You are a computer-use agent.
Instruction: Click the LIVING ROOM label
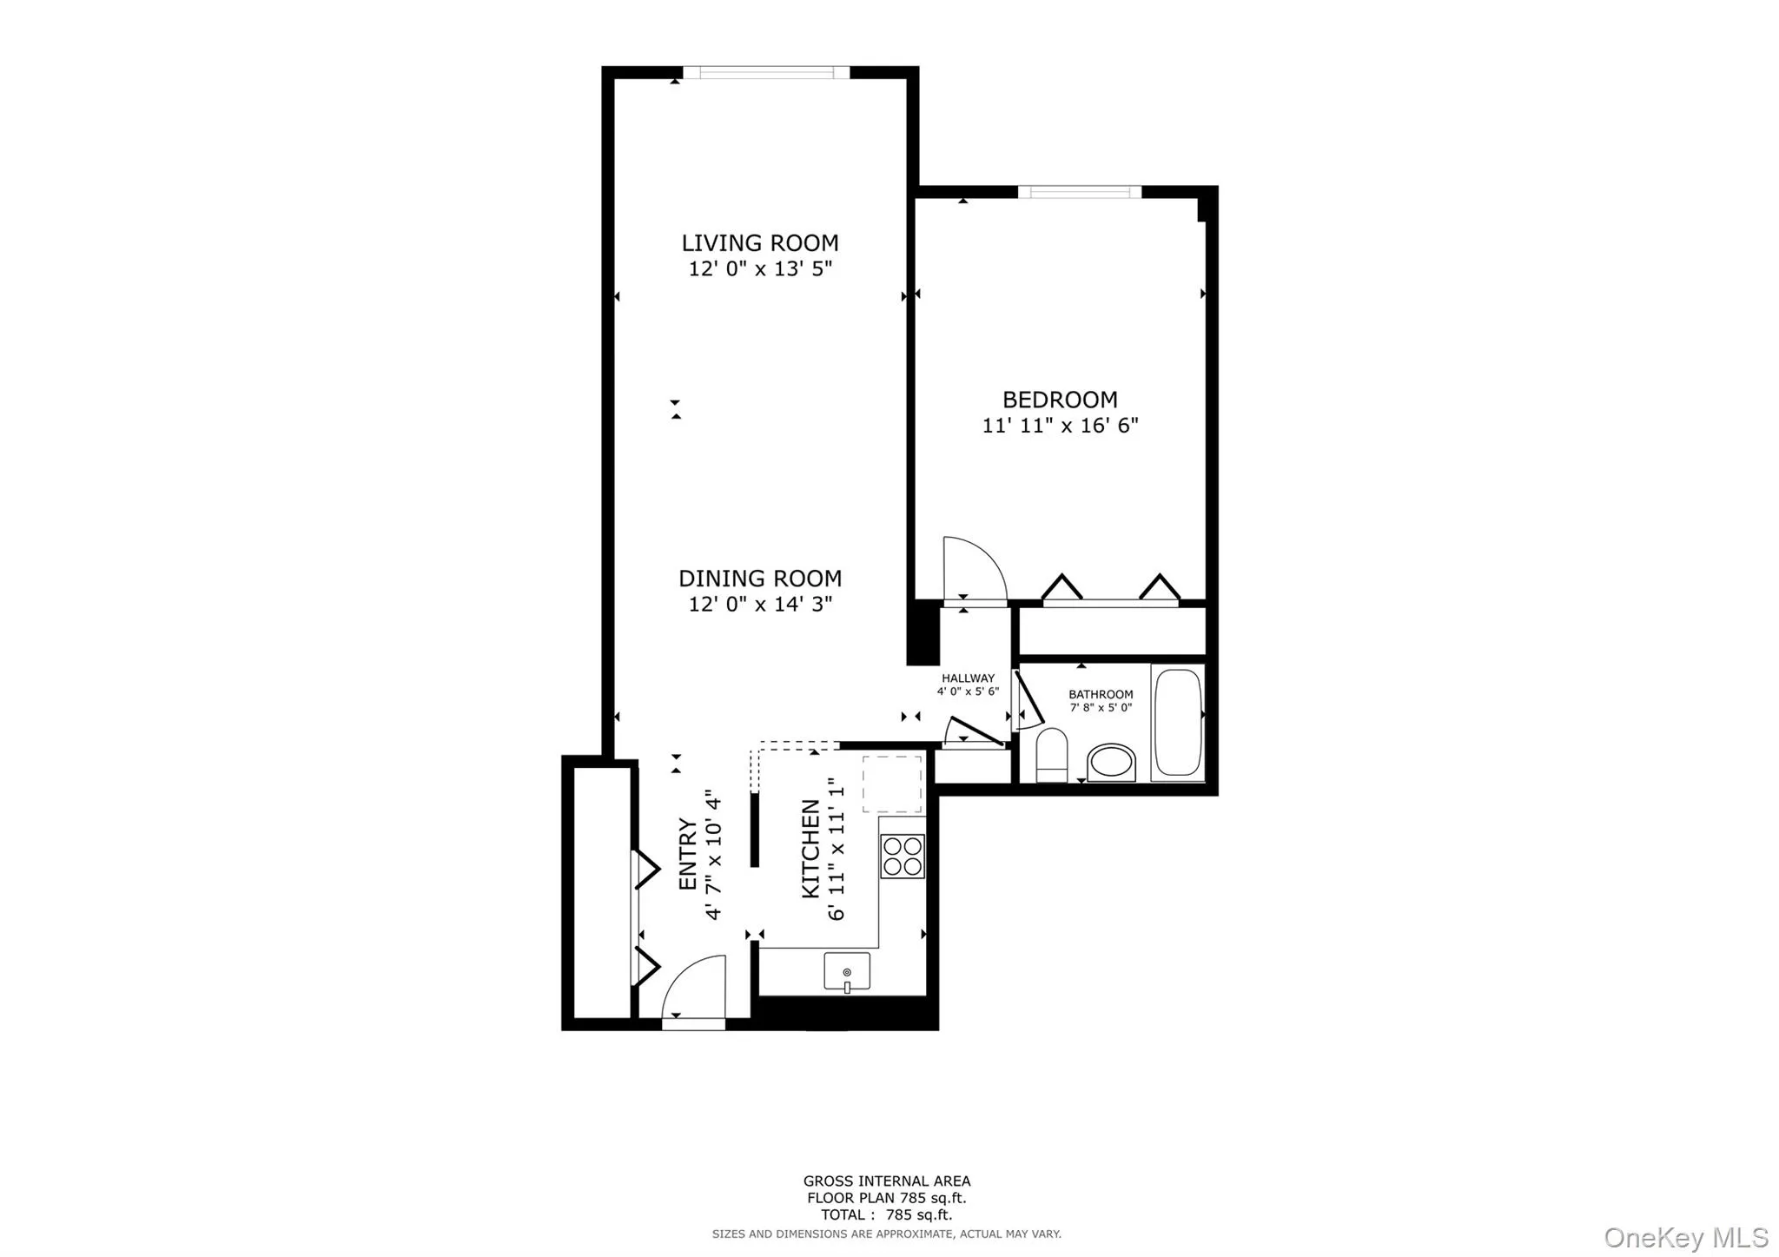click(x=759, y=242)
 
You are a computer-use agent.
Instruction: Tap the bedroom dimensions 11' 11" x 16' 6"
click(x=1060, y=426)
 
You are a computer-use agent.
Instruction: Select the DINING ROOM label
click(x=759, y=578)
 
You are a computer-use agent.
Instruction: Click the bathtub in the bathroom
click(x=1178, y=722)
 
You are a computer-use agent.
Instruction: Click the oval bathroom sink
click(x=1111, y=763)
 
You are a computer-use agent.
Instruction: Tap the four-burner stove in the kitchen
click(x=902, y=856)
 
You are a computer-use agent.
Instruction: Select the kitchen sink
click(x=847, y=971)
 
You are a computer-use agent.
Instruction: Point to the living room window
click(x=765, y=73)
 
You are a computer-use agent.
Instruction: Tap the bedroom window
click(x=1079, y=192)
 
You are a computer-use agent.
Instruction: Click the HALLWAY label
click(x=968, y=678)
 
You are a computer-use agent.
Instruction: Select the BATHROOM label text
click(x=1101, y=694)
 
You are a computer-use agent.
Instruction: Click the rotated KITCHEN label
click(x=810, y=849)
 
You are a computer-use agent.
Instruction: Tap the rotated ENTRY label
click(x=687, y=854)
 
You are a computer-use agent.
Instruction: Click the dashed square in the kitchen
click(x=892, y=784)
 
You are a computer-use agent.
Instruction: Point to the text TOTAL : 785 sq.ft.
click(x=886, y=1214)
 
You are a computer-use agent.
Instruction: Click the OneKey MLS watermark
click(x=1685, y=1237)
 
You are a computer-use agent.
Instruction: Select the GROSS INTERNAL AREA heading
click(x=886, y=1181)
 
